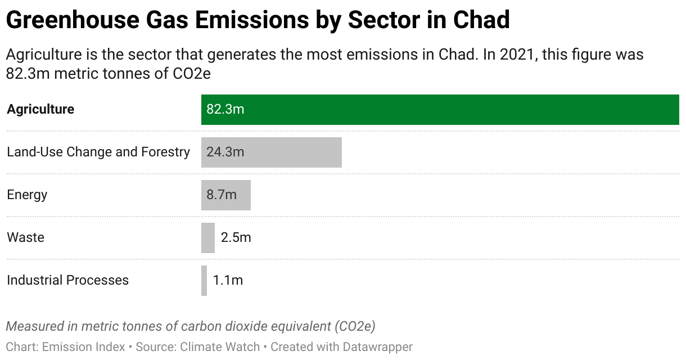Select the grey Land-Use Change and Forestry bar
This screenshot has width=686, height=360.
pyautogui.click(x=292, y=152)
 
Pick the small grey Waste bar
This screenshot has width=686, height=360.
pyautogui.click(x=208, y=237)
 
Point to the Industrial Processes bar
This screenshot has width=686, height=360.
pyautogui.click(x=204, y=280)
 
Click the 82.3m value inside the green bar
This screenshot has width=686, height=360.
pyautogui.click(x=225, y=109)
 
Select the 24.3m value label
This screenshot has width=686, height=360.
pyautogui.click(x=225, y=152)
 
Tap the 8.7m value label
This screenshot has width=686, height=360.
pyautogui.click(x=222, y=195)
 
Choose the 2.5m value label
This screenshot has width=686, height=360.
pyautogui.click(x=236, y=237)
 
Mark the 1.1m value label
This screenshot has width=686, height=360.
pyautogui.click(x=228, y=280)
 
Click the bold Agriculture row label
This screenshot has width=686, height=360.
pyautogui.click(x=40, y=109)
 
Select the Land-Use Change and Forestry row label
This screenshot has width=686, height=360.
pyautogui.click(x=98, y=152)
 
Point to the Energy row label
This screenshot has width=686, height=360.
pyautogui.click(x=27, y=195)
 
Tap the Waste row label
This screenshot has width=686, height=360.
pyautogui.click(x=25, y=237)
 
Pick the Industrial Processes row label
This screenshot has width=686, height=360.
pyautogui.click(x=67, y=280)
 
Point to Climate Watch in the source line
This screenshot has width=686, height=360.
pyautogui.click(x=220, y=347)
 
